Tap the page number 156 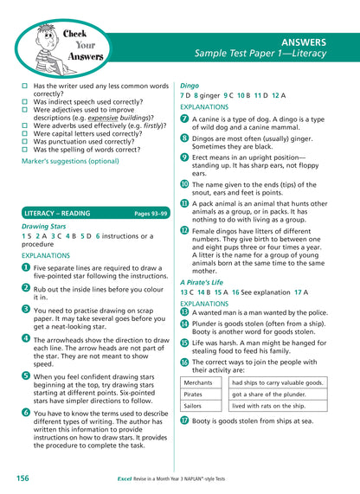click(23, 477)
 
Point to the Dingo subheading click(189, 86)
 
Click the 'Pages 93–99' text click(146, 212)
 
